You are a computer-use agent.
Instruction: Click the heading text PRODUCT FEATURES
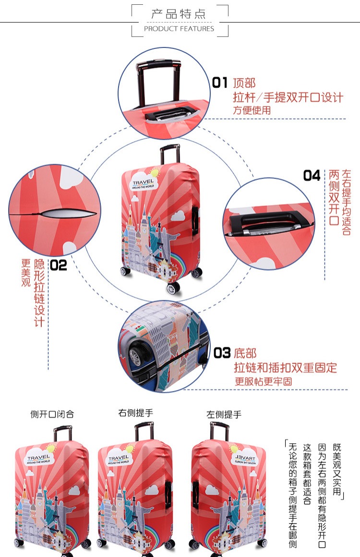[179, 29]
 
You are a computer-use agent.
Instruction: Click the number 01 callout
[220, 83]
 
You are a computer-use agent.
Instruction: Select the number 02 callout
[59, 265]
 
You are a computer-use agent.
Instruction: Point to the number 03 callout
[222, 354]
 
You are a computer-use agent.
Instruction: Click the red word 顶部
[244, 83]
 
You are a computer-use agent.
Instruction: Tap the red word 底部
[245, 354]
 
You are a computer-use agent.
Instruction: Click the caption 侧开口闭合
[52, 414]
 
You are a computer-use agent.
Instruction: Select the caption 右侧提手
[136, 413]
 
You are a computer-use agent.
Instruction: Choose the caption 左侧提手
[224, 414]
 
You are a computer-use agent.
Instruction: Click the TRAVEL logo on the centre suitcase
[144, 183]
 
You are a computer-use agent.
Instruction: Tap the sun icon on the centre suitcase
[154, 173]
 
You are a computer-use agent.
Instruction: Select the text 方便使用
[252, 110]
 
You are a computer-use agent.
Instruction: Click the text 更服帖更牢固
[263, 381]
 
